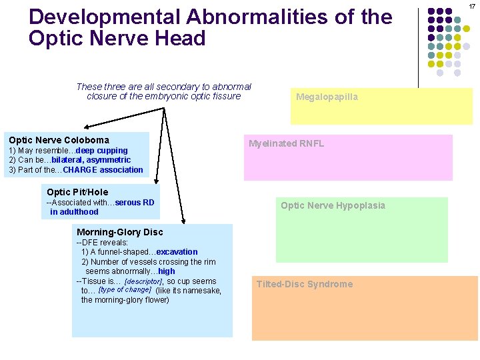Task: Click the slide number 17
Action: tap(471, 6)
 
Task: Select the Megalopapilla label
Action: tap(327, 97)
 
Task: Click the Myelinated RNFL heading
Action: tap(286, 143)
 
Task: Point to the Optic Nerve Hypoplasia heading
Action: tap(333, 205)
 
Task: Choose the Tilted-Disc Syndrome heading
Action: tap(305, 284)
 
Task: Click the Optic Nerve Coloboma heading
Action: tap(59, 140)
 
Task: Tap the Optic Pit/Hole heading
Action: tap(77, 192)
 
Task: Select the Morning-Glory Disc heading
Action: tap(120, 232)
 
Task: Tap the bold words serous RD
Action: tap(135, 202)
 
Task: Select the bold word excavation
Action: tap(177, 252)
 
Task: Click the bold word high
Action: tap(167, 271)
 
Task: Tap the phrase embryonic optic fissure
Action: tap(188, 96)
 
